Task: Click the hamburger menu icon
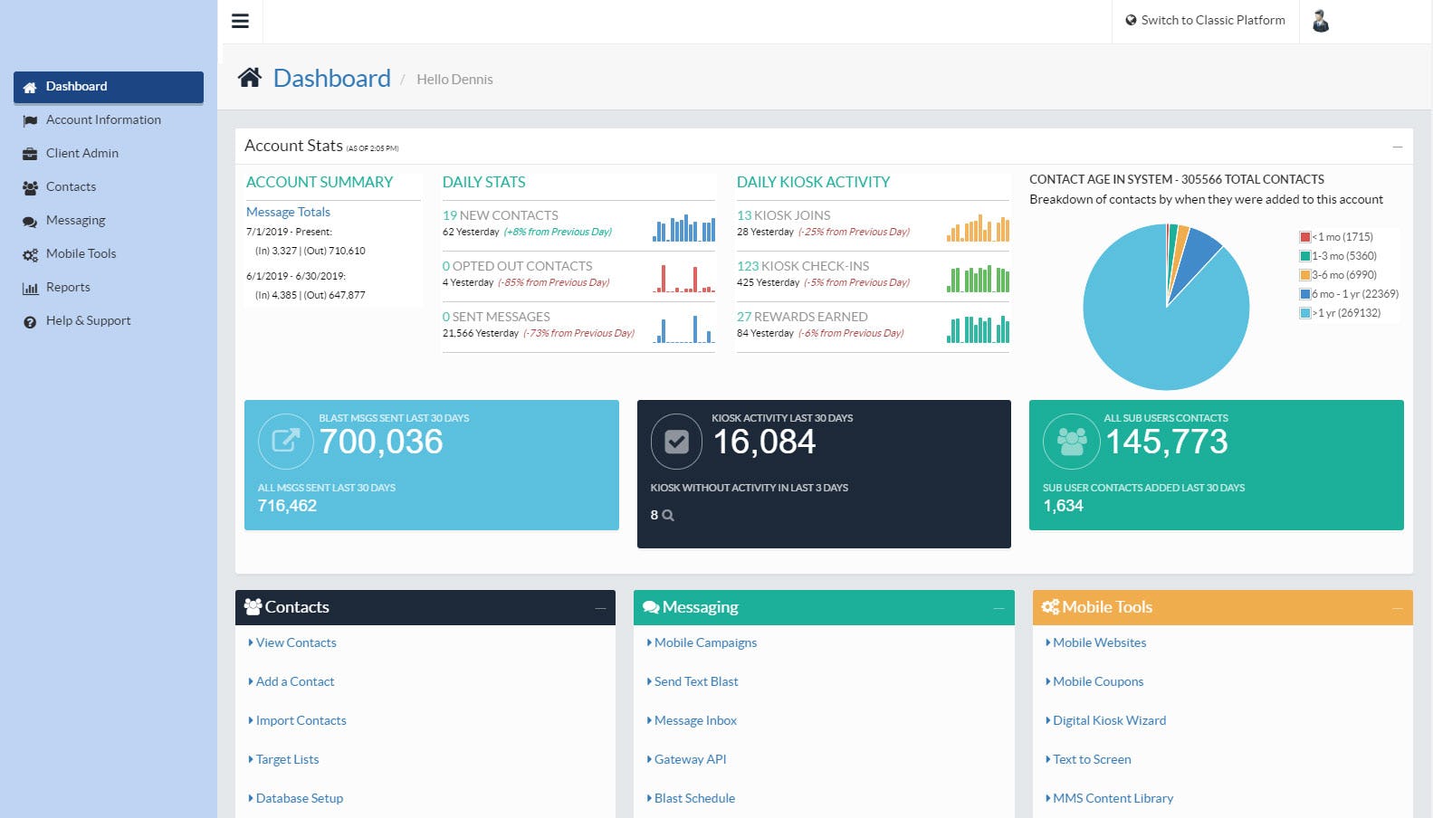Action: pos(240,21)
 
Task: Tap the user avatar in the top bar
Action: pos(1321,21)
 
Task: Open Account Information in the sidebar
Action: pos(103,119)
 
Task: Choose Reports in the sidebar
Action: pos(68,287)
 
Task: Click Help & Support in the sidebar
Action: pos(88,320)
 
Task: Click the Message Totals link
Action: pos(288,212)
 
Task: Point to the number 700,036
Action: pos(381,442)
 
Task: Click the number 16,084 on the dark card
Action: pos(764,442)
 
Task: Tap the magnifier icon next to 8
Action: pos(668,516)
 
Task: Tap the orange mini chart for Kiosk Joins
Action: pos(978,228)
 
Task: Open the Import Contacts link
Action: pos(301,720)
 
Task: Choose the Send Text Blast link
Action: pos(695,681)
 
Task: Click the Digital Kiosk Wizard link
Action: pos(1109,720)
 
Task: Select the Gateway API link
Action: pos(690,759)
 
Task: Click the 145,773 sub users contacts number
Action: pos(1166,442)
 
